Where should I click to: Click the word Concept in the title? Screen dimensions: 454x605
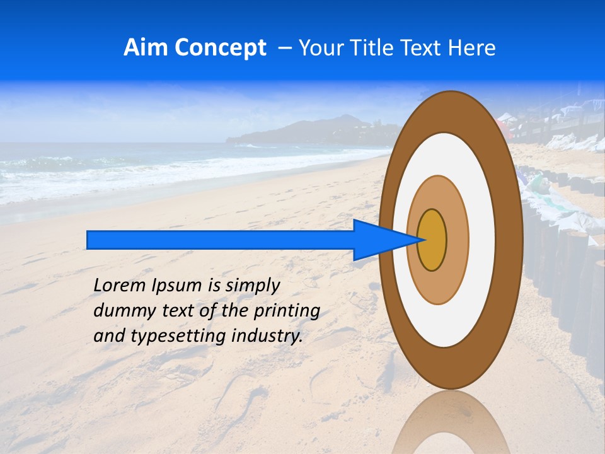[x=219, y=48]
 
